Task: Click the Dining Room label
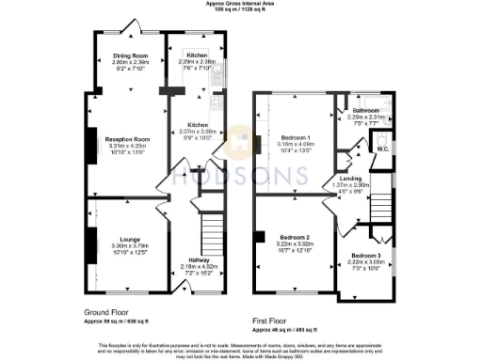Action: click(x=126, y=56)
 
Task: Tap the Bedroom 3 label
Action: click(x=367, y=256)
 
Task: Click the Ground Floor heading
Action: click(x=105, y=314)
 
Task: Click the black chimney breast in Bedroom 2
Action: click(x=256, y=236)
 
